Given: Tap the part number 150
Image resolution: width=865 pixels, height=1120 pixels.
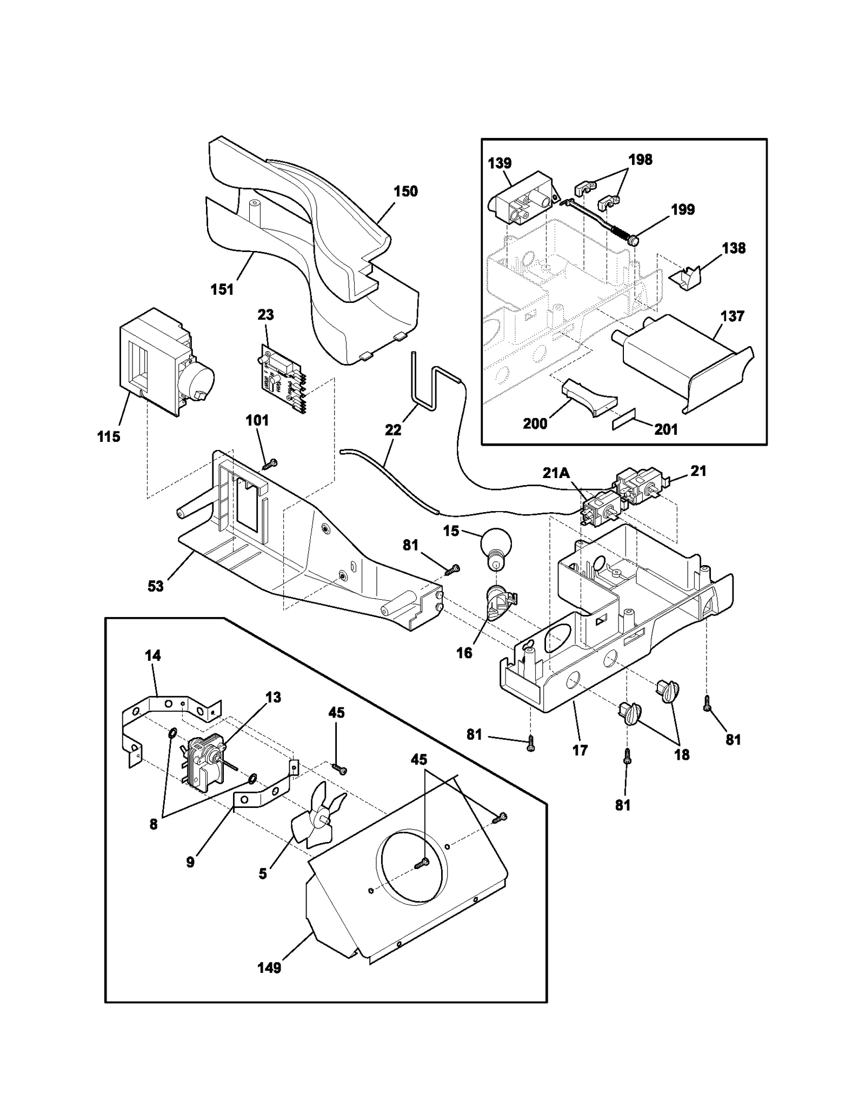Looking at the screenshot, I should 405,191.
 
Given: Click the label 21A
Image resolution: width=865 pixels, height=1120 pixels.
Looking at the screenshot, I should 556,473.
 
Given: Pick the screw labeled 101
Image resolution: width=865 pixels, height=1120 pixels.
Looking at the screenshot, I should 270,463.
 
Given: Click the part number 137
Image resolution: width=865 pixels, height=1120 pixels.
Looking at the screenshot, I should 732,316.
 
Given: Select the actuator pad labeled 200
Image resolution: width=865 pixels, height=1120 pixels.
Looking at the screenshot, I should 587,397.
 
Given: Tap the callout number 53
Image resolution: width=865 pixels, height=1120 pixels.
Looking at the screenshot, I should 156,586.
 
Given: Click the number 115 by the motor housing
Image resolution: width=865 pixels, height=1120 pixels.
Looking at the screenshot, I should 109,437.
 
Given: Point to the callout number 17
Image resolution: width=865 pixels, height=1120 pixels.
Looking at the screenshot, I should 580,750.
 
